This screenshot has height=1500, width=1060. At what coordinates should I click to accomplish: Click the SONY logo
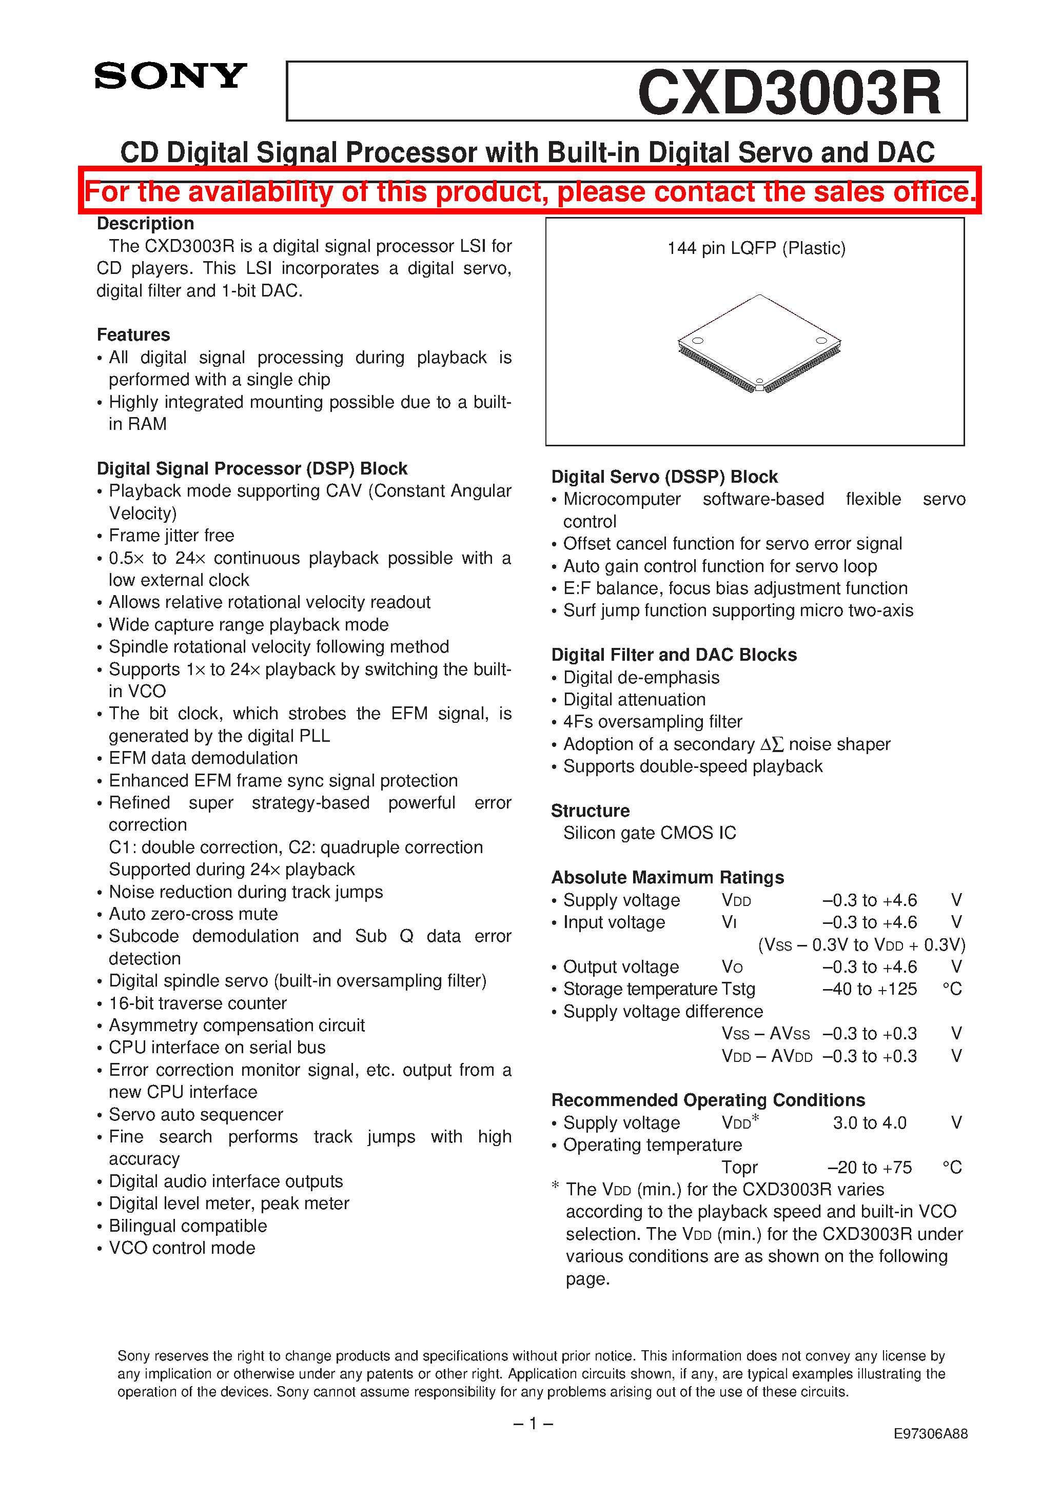click(x=170, y=76)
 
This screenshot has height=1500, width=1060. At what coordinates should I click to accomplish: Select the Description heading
click(x=145, y=224)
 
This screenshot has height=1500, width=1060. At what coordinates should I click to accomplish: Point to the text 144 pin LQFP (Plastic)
click(x=756, y=248)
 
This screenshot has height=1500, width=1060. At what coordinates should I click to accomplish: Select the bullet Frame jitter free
click(x=171, y=535)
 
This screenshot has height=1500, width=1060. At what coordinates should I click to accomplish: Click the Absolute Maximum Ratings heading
click(x=667, y=877)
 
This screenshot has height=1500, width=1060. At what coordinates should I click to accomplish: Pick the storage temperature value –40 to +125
click(x=869, y=989)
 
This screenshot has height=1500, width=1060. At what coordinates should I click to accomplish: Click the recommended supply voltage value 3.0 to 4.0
click(x=869, y=1122)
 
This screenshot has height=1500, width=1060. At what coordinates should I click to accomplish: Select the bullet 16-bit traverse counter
click(x=198, y=1003)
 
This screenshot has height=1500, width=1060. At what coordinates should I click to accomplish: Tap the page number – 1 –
click(x=533, y=1423)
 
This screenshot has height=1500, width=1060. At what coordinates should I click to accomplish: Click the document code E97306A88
click(x=930, y=1433)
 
